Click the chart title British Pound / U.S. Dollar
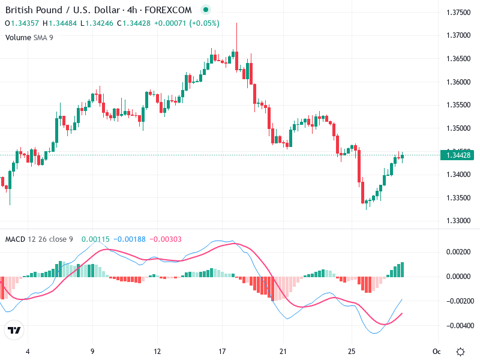pyautogui.click(x=60, y=10)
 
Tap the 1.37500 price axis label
pyautogui.click(x=458, y=12)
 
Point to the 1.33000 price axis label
pyautogui.click(x=458, y=221)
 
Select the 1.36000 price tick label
pyautogui.click(x=458, y=82)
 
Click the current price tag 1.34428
pyautogui.click(x=458, y=155)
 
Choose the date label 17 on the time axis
pyautogui.click(x=222, y=352)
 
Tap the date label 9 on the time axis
pyautogui.click(x=92, y=352)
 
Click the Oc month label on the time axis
pyautogui.click(x=436, y=352)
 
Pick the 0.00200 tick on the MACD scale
pyautogui.click(x=458, y=251)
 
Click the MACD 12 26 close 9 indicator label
pyautogui.click(x=39, y=239)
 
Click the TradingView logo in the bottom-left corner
pyautogui.click(x=14, y=330)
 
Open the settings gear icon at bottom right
pyautogui.click(x=460, y=352)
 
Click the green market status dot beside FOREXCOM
pyautogui.click(x=206, y=10)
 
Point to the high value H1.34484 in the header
pyautogui.click(x=64, y=23)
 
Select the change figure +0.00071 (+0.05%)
pyautogui.click(x=187, y=23)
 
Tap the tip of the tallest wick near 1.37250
pyautogui.click(x=237, y=23)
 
